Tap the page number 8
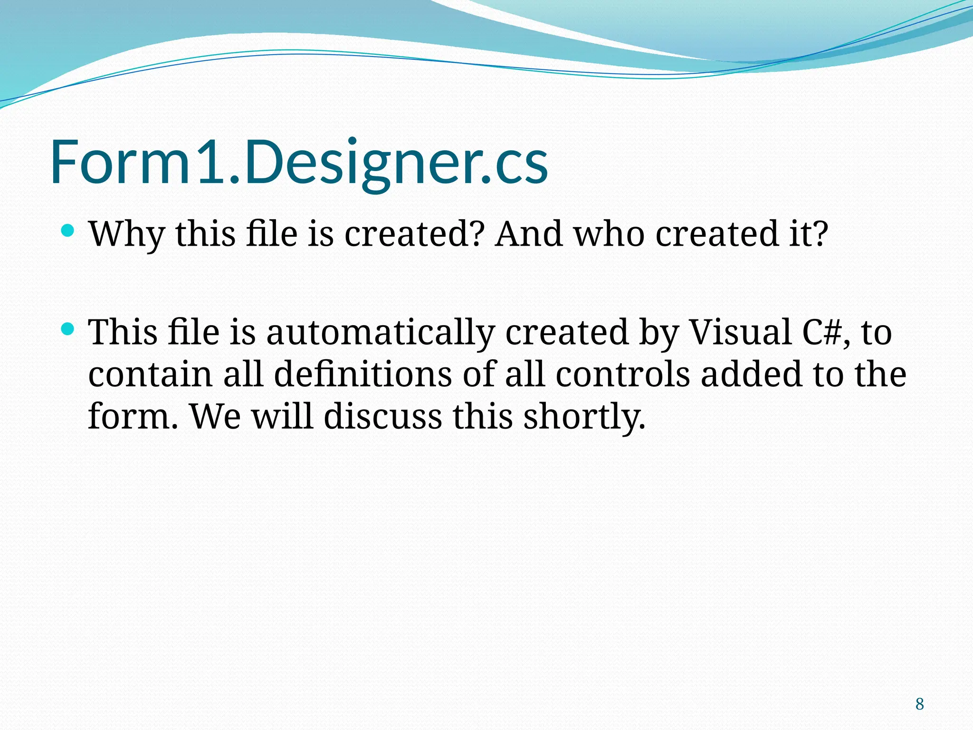click(x=920, y=704)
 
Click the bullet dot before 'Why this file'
click(x=68, y=231)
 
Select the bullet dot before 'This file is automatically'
click(x=68, y=329)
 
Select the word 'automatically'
click(x=380, y=333)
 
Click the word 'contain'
click(x=150, y=375)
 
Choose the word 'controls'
click(x=622, y=375)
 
